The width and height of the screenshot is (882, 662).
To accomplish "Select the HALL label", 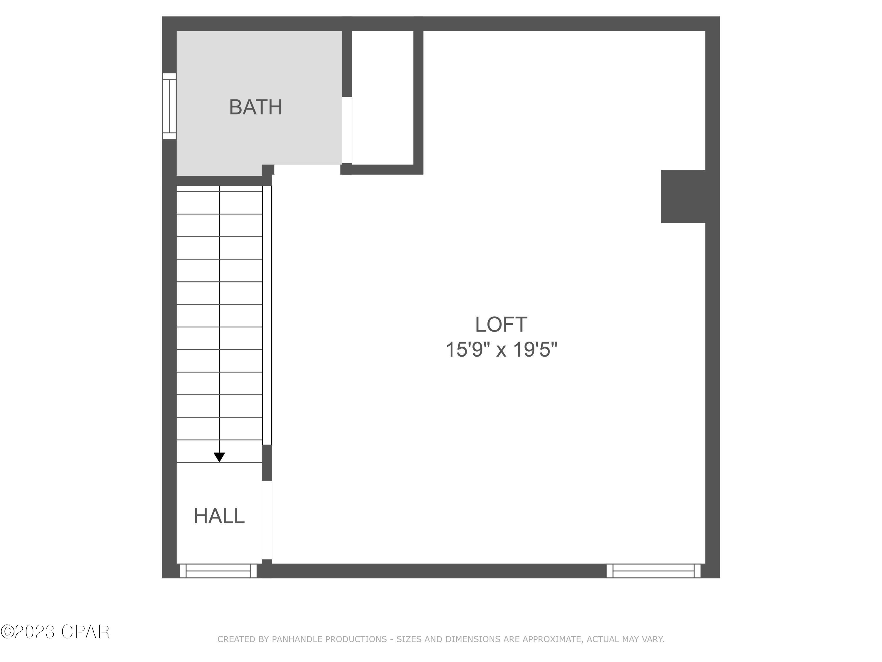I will (x=219, y=516).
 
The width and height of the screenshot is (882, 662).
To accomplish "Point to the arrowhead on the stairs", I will (x=219, y=457).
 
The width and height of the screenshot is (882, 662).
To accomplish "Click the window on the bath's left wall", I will (x=169, y=106).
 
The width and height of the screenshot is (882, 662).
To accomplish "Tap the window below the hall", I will (x=218, y=570).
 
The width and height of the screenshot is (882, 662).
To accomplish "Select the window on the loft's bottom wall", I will (x=654, y=570).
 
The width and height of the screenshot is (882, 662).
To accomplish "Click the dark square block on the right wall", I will (x=683, y=196).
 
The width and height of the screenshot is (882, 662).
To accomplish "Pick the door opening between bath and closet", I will (x=347, y=130).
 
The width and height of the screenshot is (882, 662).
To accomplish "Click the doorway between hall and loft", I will (x=267, y=520).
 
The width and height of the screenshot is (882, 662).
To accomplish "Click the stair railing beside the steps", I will (x=267, y=315).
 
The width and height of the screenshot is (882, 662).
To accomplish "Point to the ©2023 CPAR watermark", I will (x=55, y=632).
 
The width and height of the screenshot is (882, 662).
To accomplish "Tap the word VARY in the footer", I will (x=652, y=640).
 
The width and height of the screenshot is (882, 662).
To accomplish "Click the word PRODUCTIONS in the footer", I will (x=356, y=640).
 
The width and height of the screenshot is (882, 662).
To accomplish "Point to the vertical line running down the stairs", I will (x=219, y=319).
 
